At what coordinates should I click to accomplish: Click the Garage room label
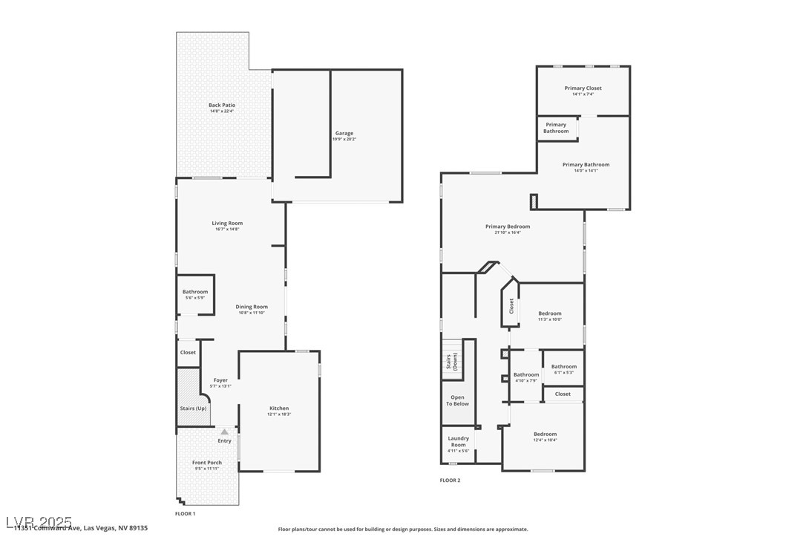343,134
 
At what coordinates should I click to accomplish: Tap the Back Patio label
222,105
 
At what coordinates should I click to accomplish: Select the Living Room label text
227,223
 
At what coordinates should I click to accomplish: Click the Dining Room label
252,307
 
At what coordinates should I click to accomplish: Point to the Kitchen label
279,409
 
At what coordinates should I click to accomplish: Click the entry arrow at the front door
224,432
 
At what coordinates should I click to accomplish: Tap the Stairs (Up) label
193,409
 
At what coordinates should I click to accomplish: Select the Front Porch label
207,463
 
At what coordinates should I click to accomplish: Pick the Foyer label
220,380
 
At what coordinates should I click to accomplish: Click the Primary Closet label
583,88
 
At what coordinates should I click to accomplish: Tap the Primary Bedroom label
508,227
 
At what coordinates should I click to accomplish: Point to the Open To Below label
457,400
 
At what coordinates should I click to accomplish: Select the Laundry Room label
459,441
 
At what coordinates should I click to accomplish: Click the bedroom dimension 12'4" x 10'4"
545,440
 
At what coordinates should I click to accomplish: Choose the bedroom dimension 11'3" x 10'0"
550,319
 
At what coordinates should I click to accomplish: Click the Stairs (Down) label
452,361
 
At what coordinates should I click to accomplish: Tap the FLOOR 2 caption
450,481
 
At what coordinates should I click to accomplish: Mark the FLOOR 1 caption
185,513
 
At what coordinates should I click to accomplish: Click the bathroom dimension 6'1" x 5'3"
563,372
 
